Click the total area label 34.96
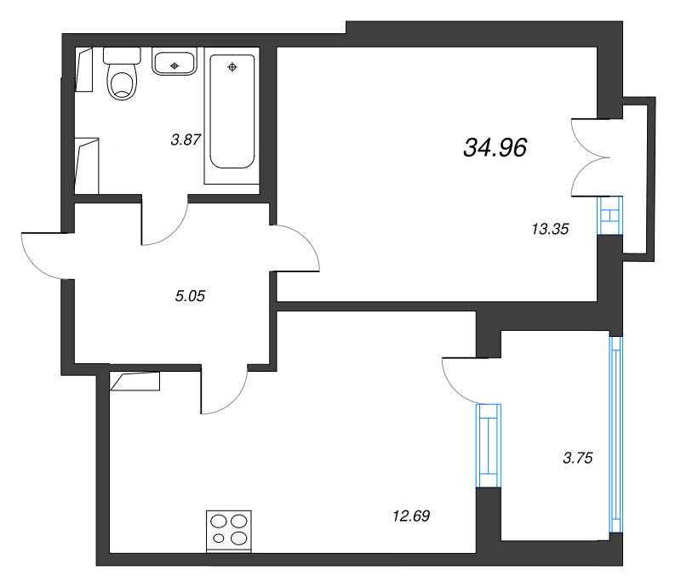pos(495,148)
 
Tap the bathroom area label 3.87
pos(185,140)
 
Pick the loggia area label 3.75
pos(577,458)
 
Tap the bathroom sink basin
pos(175,64)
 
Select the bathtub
pos(232,115)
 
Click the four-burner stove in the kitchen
pos(229,529)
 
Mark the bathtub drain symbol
pos(232,66)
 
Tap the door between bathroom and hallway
pos(163,223)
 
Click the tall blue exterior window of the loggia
pos(612,434)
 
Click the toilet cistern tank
pos(122,55)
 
